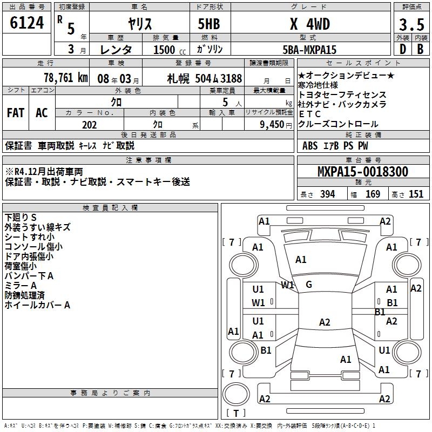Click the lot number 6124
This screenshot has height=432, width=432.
27,24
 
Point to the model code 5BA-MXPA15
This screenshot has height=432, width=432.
309,50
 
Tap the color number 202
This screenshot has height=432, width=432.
89,125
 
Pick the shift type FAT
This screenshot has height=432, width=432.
15,113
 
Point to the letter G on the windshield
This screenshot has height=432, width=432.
309,285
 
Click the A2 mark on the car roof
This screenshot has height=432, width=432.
324,322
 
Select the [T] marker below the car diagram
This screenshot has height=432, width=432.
235,414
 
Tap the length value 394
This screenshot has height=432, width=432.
327,194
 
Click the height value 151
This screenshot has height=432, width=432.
415,194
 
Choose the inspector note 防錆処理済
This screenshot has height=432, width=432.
25,295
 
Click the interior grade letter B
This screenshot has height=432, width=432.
421,50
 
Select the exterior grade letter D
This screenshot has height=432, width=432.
402,50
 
